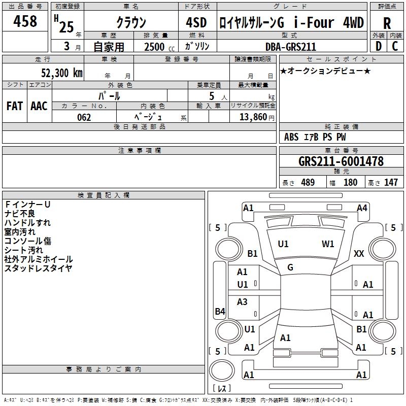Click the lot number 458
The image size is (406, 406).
pos(25,21)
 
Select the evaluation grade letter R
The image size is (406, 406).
pos(387,23)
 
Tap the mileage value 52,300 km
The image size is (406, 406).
pos(62,73)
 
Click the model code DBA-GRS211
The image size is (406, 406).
pos(291,47)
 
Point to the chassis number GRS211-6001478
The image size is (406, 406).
pos(341,161)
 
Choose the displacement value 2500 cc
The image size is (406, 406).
pos(159,47)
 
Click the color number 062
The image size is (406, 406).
pos(84,117)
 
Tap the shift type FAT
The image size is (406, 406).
pos(15,106)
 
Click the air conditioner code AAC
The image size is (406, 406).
pos(39,106)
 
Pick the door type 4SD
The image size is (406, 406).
pos(196,22)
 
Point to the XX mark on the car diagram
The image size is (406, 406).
pos(359,253)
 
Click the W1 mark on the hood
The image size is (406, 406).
pos(328,244)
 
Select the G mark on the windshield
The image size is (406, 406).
pos(290,267)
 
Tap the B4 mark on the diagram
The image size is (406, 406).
pos(220,311)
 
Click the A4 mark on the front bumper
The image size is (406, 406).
pos(362,208)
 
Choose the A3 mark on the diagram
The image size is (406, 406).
pos(242,301)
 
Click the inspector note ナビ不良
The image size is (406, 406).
pos(20,214)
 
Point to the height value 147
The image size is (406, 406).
pos(391,182)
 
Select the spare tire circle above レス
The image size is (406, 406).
pos(222,370)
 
